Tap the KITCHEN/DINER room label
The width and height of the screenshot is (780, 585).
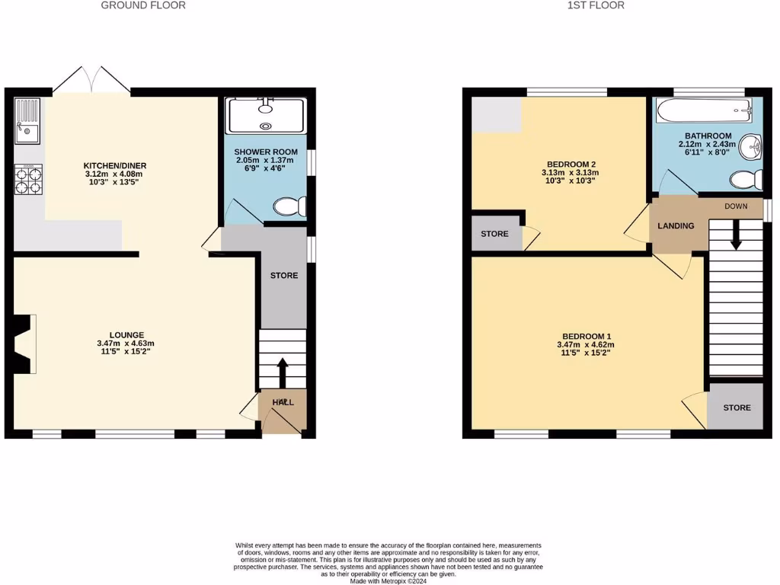pyautogui.click(x=115, y=165)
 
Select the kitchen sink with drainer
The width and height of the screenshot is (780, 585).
pyautogui.click(x=27, y=123)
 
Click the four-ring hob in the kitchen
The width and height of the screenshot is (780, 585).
pyautogui.click(x=28, y=180)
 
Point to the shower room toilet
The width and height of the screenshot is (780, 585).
pyautogui.click(x=292, y=206)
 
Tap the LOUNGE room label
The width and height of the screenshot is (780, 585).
pyautogui.click(x=126, y=334)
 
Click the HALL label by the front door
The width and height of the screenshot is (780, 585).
pyautogui.click(x=283, y=401)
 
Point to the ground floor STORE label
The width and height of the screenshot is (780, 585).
pyautogui.click(x=284, y=275)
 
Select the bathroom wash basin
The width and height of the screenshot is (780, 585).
pyautogui.click(x=751, y=147)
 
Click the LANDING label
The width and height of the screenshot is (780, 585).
pyautogui.click(x=676, y=226)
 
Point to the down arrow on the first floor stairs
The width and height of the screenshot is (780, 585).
pyautogui.click(x=736, y=234)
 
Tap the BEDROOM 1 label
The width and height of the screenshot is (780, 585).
pyautogui.click(x=587, y=337)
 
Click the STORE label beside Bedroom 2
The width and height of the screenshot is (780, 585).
pyautogui.click(x=494, y=234)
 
